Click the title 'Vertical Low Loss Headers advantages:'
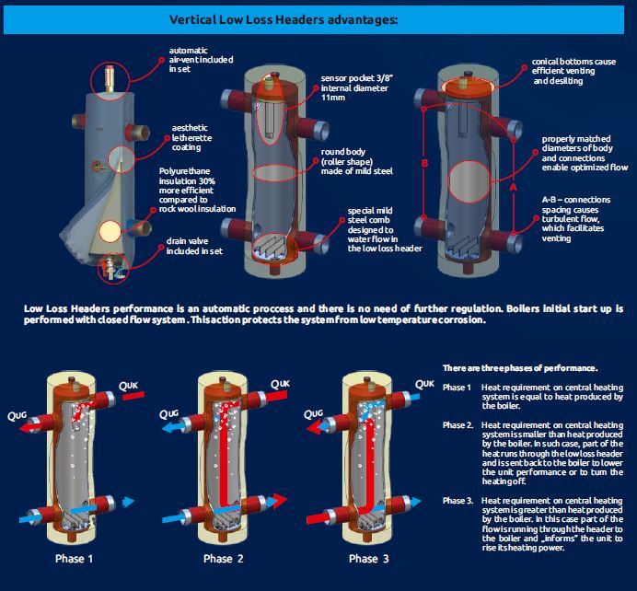pos(284,20)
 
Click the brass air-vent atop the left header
pos(110,78)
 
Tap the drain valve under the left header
pos(112,267)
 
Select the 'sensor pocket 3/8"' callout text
pos(357,78)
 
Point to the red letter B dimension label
pos(424,163)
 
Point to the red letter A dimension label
pos(513,187)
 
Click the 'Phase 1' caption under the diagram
pos(74,559)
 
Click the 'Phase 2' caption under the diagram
pos(224,559)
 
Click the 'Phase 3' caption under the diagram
pos(369,559)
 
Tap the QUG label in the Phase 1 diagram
pos(17,415)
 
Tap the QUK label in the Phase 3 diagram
pos(424,384)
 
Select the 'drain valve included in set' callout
pos(194,246)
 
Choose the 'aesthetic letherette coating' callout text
pos(191,138)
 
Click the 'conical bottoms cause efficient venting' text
pos(573,66)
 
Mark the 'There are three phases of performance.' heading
pos(520,368)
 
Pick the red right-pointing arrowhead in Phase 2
pos(280,501)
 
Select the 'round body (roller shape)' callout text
pos(347,156)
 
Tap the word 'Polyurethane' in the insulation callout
pos(184,171)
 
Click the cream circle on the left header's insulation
pos(110,231)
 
